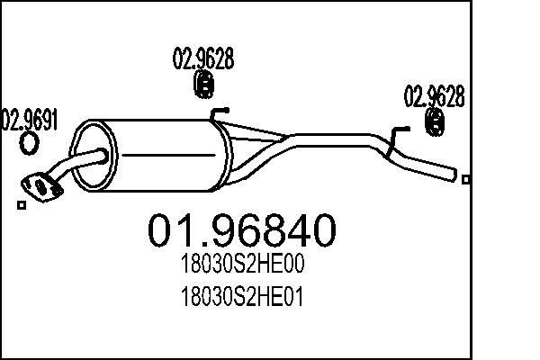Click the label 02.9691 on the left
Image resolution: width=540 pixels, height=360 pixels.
coord(29,118)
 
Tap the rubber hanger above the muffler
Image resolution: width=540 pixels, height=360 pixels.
coord(203,86)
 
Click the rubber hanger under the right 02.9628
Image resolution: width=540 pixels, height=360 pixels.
coord(435,123)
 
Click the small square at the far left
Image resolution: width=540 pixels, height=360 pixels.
coord(22,205)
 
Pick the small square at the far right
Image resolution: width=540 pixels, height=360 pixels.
coord(465,179)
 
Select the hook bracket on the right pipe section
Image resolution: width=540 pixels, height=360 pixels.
coord(396,134)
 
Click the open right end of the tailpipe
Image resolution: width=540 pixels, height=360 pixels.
coord(454,172)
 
